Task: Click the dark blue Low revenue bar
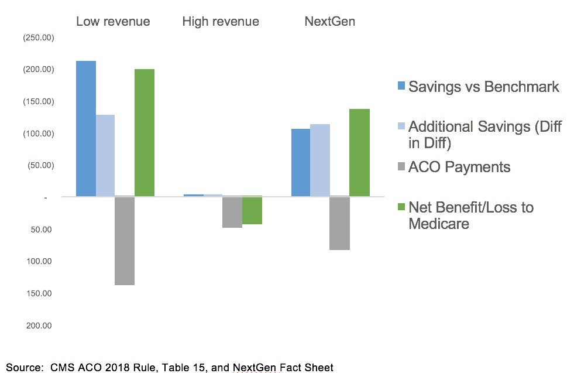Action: [x=86, y=128]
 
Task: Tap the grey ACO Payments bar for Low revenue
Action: [x=125, y=241]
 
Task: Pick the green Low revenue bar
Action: [x=145, y=132]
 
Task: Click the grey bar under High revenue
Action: [x=232, y=212]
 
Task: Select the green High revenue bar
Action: [x=252, y=210]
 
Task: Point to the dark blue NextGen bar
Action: [x=301, y=162]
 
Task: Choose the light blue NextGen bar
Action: [x=320, y=160]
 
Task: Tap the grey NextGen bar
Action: [x=340, y=223]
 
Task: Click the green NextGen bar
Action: [x=360, y=152]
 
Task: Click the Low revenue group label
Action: [x=113, y=22]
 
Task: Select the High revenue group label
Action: [x=221, y=22]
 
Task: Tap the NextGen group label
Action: [x=329, y=22]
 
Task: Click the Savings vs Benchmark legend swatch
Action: [x=401, y=86]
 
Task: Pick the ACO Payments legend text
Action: [x=459, y=167]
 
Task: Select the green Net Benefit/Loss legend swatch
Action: [x=401, y=207]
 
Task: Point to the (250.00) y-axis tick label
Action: [x=38, y=37]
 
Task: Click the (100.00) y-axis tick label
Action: [x=38, y=134]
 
